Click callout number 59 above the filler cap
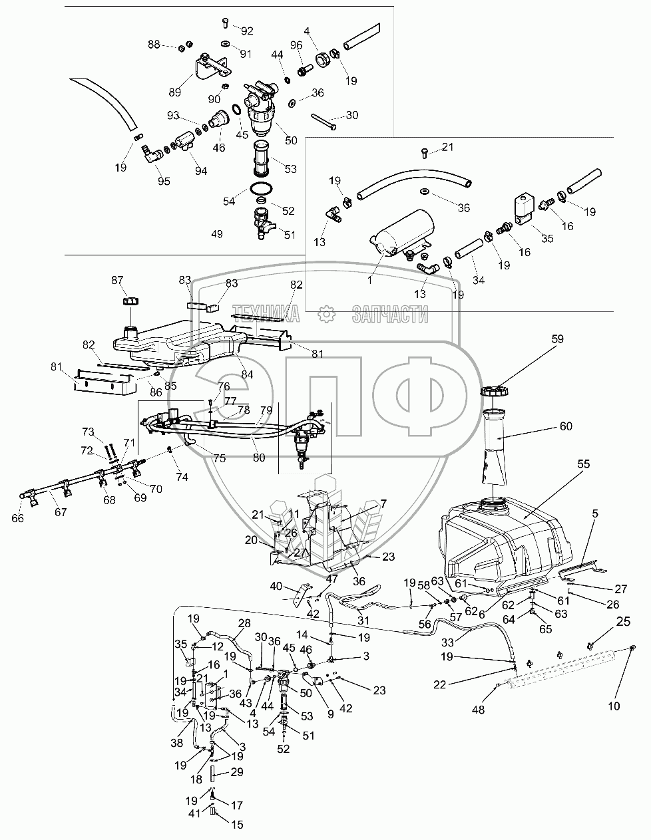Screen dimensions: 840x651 [x=556, y=339]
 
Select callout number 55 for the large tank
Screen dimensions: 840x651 [x=583, y=465]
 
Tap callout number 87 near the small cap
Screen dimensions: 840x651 [x=117, y=280]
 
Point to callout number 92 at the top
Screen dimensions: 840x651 [x=247, y=31]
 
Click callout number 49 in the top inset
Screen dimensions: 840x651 [x=217, y=234]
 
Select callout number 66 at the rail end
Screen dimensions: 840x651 [x=17, y=518]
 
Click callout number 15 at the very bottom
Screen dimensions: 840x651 [x=238, y=825]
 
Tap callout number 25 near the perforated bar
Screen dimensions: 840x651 [x=623, y=621]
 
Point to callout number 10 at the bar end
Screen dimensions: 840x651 [x=614, y=706]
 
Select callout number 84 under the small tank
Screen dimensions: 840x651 [x=246, y=375]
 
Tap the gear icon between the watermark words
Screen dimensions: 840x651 [x=325, y=313]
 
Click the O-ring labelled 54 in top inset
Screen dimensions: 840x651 [x=262, y=187]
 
